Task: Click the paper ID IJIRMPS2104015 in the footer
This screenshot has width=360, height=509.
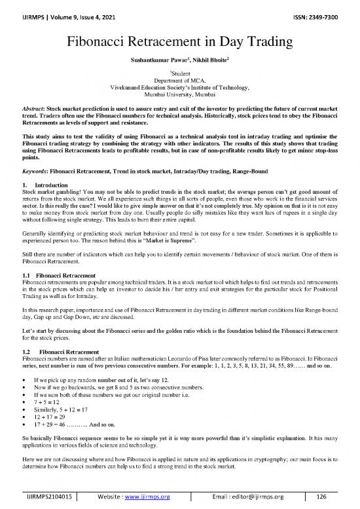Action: [50, 497]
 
